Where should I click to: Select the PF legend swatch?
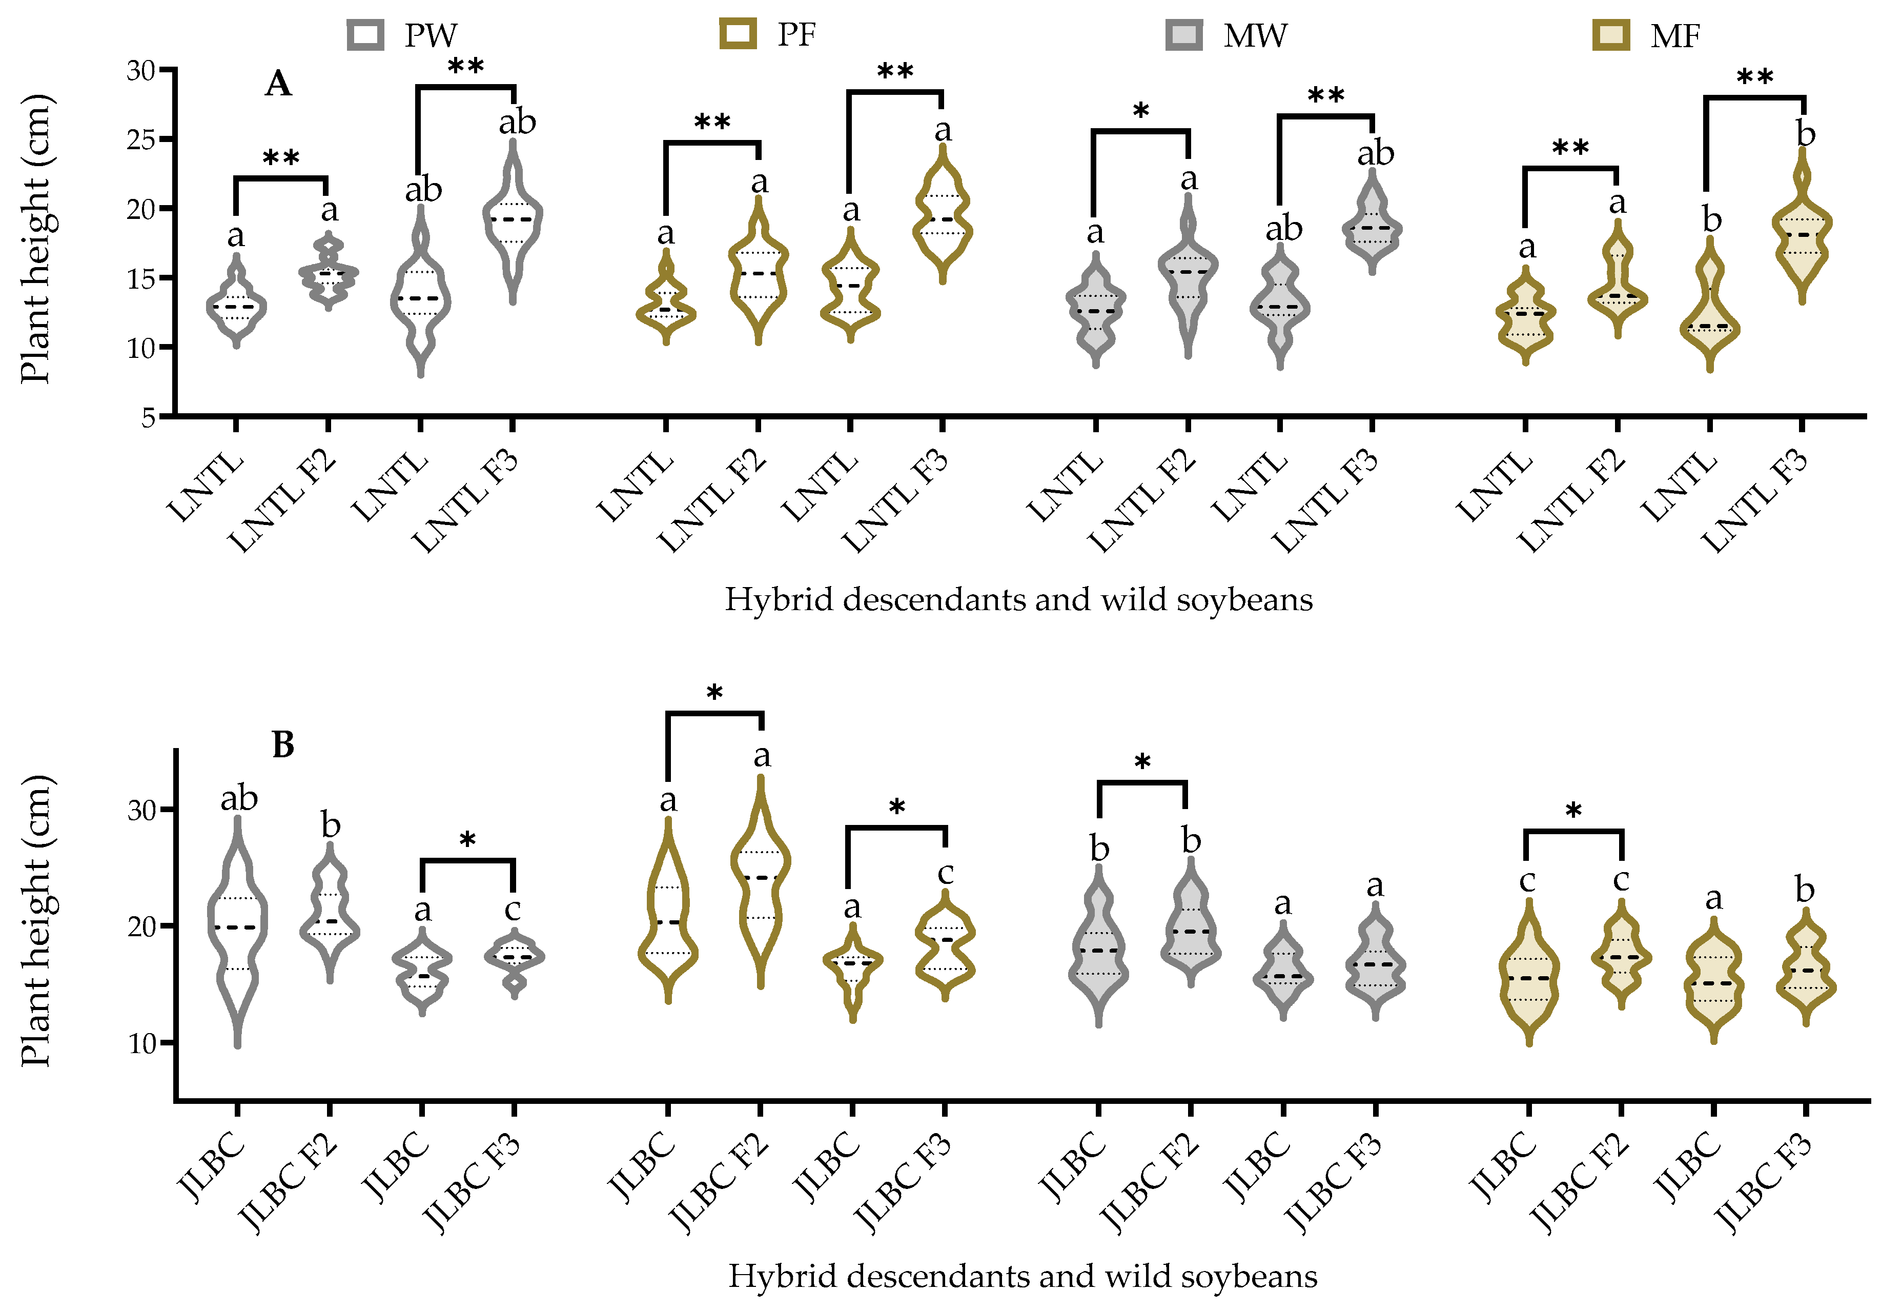click(x=738, y=34)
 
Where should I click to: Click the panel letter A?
click(x=278, y=84)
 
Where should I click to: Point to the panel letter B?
click(x=282, y=745)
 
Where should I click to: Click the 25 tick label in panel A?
click(x=141, y=139)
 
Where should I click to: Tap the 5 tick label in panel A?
click(x=148, y=418)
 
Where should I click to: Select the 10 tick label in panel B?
click(x=141, y=1043)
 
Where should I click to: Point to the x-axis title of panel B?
click(x=1023, y=1276)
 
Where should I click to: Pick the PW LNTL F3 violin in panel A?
click(x=513, y=221)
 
